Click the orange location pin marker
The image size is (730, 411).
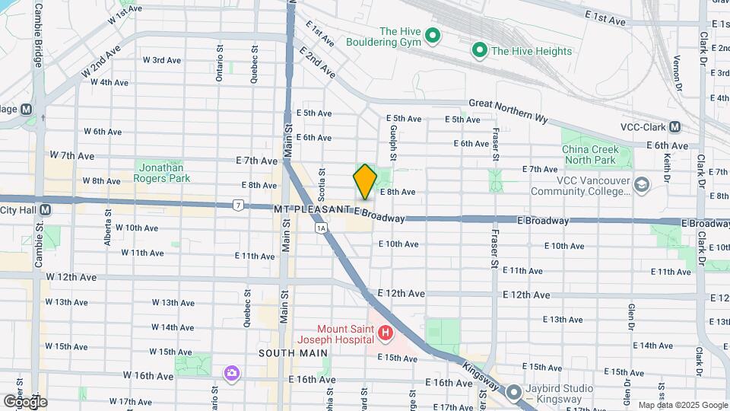(365, 181)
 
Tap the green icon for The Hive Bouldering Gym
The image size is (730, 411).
(433, 35)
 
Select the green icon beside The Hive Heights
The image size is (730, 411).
(479, 51)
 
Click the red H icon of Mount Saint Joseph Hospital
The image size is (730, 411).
(386, 333)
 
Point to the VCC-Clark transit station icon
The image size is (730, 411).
(676, 126)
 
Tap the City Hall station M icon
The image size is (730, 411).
(46, 209)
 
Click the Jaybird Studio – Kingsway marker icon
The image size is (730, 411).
(513, 393)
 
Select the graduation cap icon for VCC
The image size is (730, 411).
(643, 185)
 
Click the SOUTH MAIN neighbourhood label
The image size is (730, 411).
(293, 353)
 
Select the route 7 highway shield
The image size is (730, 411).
(239, 205)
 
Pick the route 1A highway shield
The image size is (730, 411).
(321, 227)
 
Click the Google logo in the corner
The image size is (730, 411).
(24, 401)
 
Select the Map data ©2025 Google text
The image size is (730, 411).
(682, 405)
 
